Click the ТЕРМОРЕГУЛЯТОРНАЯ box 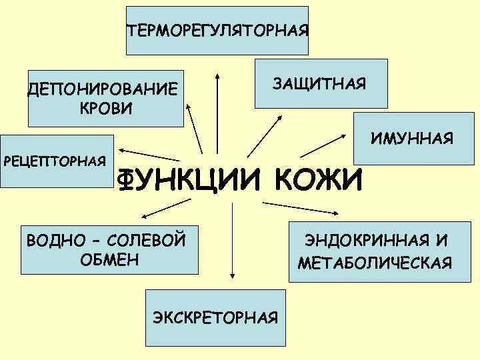coord(217,31)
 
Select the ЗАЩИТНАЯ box coord(321,83)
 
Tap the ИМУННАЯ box coord(413,139)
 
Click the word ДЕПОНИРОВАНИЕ coord(103,90)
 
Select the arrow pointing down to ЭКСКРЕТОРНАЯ coord(232,240)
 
